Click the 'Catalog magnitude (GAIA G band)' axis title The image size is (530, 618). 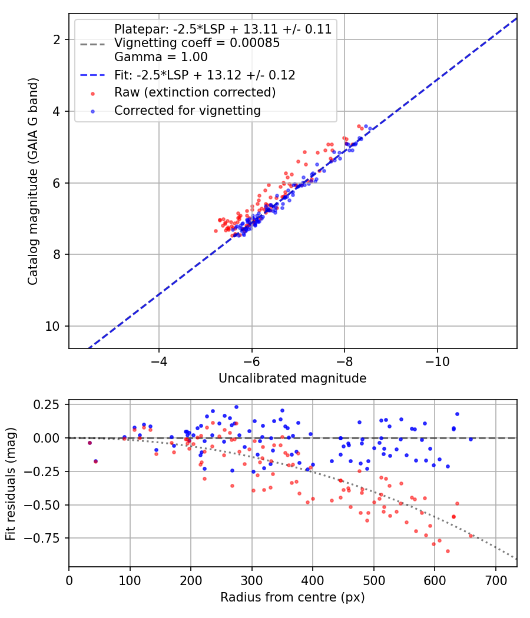tap(33, 181)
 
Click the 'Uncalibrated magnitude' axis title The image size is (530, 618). tap(292, 378)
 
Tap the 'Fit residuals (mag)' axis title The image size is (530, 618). tap(11, 484)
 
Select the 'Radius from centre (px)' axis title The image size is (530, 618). tap(292, 597)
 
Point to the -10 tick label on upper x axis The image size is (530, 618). tap(438, 361)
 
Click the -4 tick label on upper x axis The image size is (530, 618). tap(159, 361)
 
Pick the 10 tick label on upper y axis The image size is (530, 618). tap(52, 326)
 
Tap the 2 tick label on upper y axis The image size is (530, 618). tap(57, 40)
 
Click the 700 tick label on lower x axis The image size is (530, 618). tap(495, 580)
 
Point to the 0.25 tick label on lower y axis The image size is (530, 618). tap(45, 405)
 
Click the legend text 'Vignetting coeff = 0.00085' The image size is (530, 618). tap(197, 42)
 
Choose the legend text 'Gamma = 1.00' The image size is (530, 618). tap(161, 57)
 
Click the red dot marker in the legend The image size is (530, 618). tap(92, 94)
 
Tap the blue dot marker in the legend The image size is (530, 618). tap(92, 112)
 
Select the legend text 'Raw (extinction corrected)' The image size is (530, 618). tap(195, 92)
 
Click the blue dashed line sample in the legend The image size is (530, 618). tap(92, 75)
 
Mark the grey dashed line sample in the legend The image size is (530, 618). tap(92, 44)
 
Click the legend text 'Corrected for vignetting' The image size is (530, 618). tap(187, 111)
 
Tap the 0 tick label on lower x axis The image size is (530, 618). tap(69, 580)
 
